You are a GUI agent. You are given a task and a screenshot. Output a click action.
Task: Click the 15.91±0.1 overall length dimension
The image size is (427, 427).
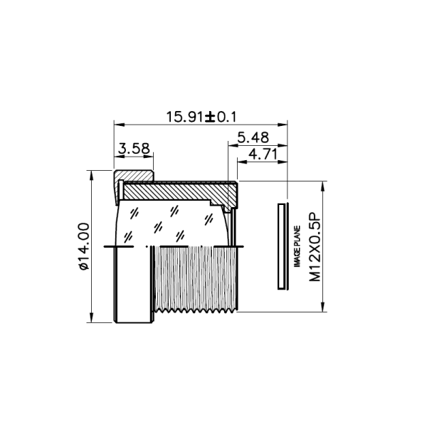[201, 117]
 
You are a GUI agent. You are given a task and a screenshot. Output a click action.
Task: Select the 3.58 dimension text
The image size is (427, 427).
[134, 149]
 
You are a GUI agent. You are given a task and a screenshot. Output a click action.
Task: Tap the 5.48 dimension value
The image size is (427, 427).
[253, 137]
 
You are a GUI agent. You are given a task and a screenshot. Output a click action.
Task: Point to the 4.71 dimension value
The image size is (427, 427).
[263, 154]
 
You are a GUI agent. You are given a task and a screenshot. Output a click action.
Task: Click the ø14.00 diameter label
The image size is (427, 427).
[84, 246]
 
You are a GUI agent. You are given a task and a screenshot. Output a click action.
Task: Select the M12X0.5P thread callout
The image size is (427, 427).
[315, 246]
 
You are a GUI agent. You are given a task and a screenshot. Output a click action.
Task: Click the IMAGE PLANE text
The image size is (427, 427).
[297, 246]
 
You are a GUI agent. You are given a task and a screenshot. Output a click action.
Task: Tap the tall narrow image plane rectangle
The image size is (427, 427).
[281, 246]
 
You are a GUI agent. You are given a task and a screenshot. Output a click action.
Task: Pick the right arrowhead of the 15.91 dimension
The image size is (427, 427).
[283, 125]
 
